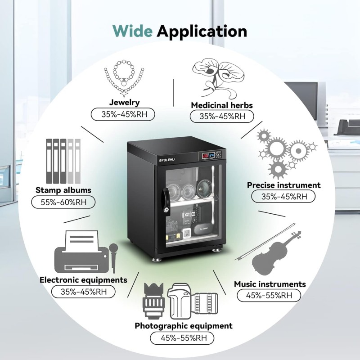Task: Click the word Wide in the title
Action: click(x=132, y=31)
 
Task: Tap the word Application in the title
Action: click(x=202, y=31)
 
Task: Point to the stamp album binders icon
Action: click(x=63, y=161)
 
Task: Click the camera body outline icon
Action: click(x=180, y=301)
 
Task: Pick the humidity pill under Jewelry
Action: click(x=123, y=114)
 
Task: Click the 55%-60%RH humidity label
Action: click(x=63, y=202)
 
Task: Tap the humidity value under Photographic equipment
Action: click(x=182, y=338)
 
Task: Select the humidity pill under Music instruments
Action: click(x=269, y=295)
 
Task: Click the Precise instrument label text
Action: click(x=283, y=185)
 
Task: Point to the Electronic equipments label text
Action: click(x=83, y=280)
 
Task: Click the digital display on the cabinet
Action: click(x=208, y=155)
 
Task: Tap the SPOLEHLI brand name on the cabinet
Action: click(x=167, y=160)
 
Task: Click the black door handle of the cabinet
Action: click(x=166, y=202)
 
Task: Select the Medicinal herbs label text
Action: click(x=222, y=105)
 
